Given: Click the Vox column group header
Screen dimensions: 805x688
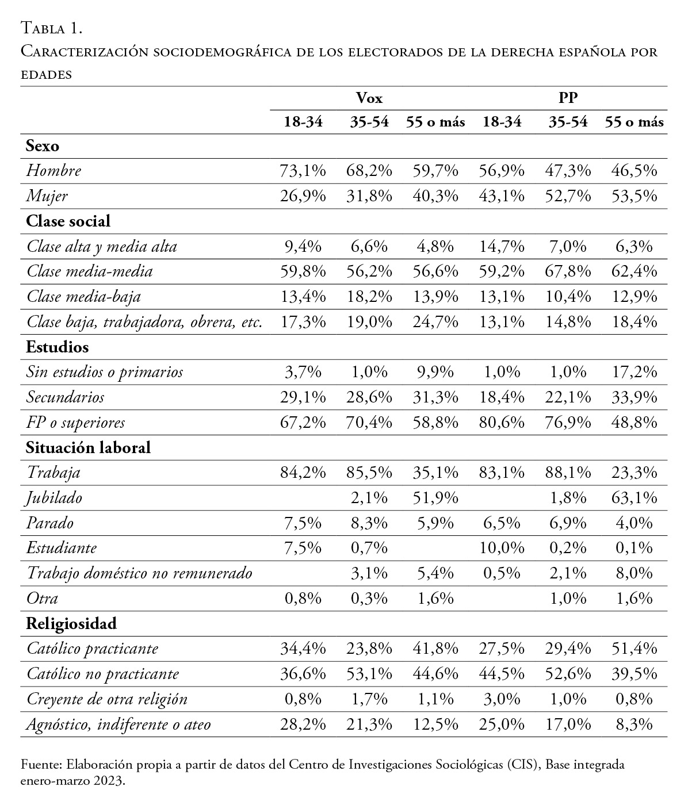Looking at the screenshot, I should tap(369, 98).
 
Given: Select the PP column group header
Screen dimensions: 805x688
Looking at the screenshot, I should tap(568, 98).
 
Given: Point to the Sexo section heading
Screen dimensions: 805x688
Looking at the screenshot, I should tap(43, 146).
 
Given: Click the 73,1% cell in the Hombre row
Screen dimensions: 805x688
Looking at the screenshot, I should tap(303, 171).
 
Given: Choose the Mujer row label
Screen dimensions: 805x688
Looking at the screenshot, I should tap(47, 196).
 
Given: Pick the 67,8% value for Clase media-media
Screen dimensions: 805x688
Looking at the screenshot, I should tap(568, 271).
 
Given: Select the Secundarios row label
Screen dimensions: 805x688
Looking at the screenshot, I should tap(66, 397).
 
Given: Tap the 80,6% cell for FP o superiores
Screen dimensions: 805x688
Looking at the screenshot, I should tap(502, 423).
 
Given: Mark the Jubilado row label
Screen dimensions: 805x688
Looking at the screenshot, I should tap(54, 497).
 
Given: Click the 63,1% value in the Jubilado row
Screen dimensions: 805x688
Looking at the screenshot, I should tap(633, 497).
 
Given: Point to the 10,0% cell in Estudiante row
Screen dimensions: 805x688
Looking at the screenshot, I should tap(502, 548).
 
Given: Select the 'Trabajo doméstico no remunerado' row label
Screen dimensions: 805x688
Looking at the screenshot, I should tap(139, 573).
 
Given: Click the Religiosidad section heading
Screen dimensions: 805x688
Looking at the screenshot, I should tap(71, 623).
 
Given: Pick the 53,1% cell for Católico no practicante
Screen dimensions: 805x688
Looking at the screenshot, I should tap(369, 674).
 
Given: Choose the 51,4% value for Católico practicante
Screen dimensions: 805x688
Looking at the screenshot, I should tap(633, 649).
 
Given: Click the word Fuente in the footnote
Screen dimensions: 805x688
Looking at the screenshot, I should tap(41, 765).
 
